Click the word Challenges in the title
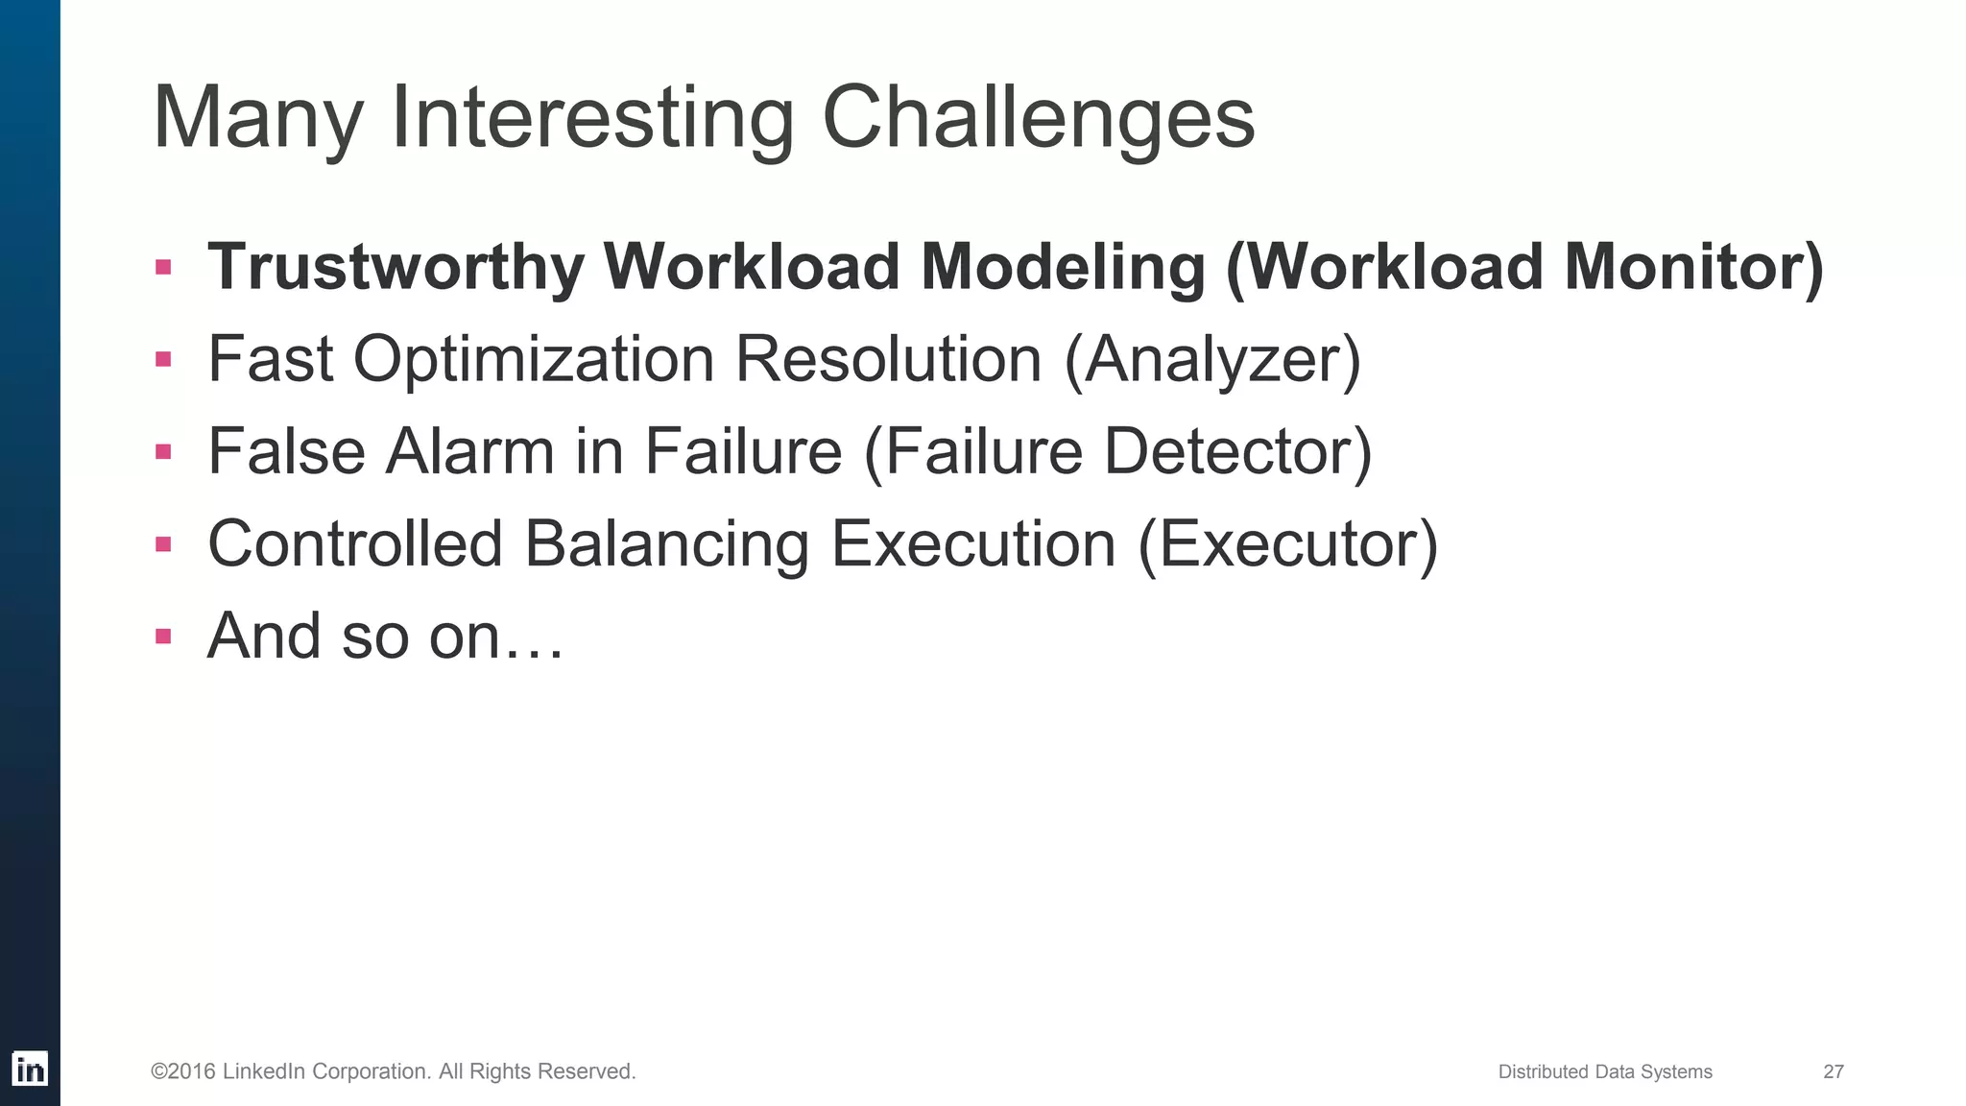pyautogui.click(x=1039, y=119)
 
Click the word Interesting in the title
pyautogui.click(x=592, y=119)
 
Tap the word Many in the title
pyautogui.click(x=257, y=119)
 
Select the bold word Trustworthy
pyautogui.click(x=396, y=267)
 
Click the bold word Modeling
pyautogui.click(x=1063, y=267)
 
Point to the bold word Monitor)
pyautogui.click(x=1693, y=267)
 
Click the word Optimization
pyautogui.click(x=533, y=359)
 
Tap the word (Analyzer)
pyautogui.click(x=1212, y=359)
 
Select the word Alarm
pyautogui.click(x=469, y=451)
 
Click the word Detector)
pyautogui.click(x=1238, y=451)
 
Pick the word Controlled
pyautogui.click(x=355, y=543)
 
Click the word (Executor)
pyautogui.click(x=1287, y=543)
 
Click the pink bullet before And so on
pyautogui.click(x=163, y=636)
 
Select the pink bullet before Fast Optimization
pyautogui.click(x=163, y=360)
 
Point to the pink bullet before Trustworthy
pyautogui.click(x=163, y=267)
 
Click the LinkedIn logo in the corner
pyautogui.click(x=30, y=1069)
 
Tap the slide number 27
pyautogui.click(x=1833, y=1071)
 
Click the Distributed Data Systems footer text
pyautogui.click(x=1604, y=1071)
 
